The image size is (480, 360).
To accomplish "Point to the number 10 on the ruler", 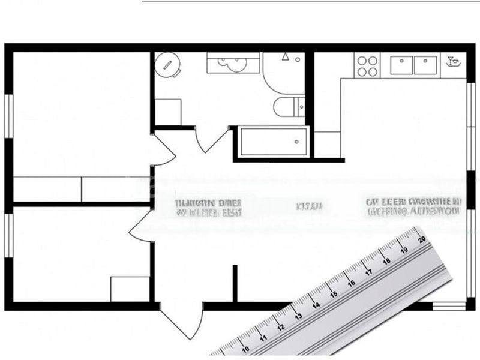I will pos(245,348).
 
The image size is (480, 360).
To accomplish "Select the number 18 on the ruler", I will pos(387,260).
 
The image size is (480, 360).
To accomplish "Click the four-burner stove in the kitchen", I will pos(367,66).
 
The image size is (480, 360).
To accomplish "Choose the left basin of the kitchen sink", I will pos(400,64).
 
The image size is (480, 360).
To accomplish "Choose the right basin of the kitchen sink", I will pos(425,64).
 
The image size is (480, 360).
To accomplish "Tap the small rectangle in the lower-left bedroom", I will pos(130,289).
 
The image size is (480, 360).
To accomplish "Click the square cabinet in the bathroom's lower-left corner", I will pos(168,112).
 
